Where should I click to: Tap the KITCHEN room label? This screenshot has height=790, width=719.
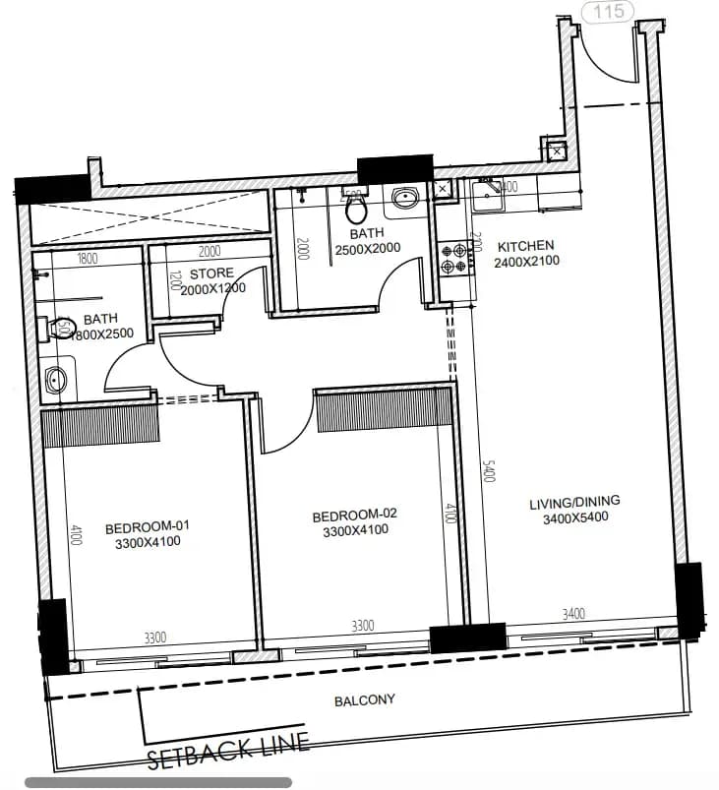click(x=525, y=246)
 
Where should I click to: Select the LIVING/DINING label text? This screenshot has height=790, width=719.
click(x=574, y=504)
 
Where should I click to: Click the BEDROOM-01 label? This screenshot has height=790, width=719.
click(x=148, y=525)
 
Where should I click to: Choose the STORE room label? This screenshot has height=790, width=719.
click(x=211, y=273)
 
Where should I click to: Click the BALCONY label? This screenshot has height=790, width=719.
click(x=364, y=700)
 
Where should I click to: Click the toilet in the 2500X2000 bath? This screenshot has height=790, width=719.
click(x=357, y=208)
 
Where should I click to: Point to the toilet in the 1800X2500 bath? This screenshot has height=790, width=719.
click(x=58, y=328)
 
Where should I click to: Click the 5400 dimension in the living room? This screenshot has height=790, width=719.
click(x=489, y=472)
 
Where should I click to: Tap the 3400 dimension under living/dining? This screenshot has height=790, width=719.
click(x=573, y=614)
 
